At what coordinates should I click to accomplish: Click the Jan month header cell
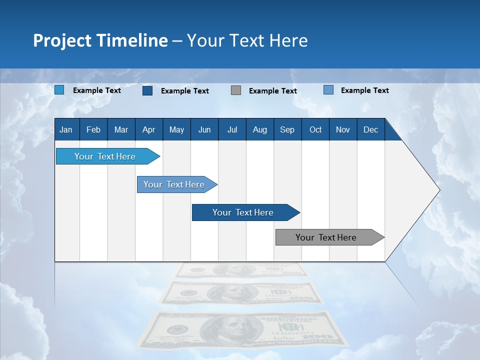66,129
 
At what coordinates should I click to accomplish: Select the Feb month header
93,129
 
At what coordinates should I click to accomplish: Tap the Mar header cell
121,129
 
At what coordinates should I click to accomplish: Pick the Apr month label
148,129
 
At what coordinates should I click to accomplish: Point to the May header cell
176,129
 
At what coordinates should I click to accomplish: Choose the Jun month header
204,129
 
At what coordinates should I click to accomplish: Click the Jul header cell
232,129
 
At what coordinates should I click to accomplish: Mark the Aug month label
260,129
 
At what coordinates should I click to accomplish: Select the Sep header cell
287,129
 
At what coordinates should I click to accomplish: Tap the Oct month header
315,129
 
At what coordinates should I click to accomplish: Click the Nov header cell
343,129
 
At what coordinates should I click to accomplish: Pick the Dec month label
371,129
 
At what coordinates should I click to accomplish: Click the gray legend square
236,90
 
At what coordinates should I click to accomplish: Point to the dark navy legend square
147,90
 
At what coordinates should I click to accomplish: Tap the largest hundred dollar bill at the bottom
242,330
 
